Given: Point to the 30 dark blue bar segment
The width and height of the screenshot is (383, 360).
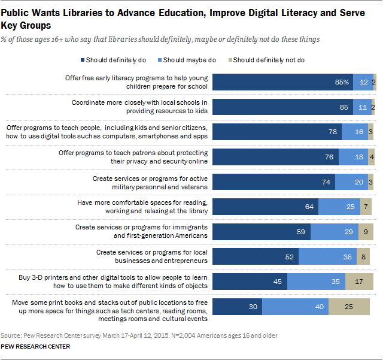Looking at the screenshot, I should tap(237, 307).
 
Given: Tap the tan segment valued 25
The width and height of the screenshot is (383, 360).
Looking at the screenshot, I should tap(348, 307).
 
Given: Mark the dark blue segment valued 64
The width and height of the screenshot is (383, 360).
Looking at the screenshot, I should tap(265, 207).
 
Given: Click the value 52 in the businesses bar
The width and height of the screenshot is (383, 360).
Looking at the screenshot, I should tap(289, 257).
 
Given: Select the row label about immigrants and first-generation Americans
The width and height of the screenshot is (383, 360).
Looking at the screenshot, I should tap(141, 232).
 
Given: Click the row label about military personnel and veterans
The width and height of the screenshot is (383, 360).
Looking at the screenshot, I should tap(150, 182).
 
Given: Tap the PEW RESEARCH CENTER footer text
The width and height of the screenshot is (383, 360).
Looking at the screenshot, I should tap(35, 347).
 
